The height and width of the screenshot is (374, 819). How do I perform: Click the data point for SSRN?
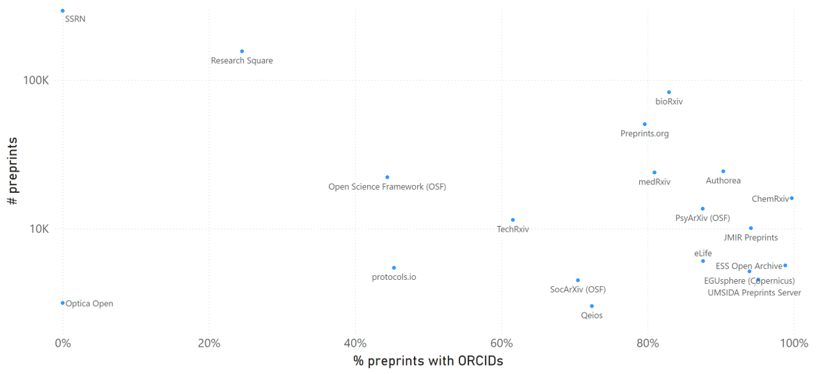point(62,11)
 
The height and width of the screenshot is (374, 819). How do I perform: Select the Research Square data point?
point(242,51)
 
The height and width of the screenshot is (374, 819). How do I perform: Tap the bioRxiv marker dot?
point(669,92)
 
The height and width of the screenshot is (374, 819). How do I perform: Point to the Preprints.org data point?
point(644,124)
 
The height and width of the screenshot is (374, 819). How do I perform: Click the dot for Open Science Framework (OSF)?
point(387,177)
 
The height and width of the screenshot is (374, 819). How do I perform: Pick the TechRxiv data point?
point(513,220)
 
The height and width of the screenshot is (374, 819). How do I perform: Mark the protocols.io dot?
point(394,268)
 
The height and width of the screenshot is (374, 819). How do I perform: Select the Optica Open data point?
point(62,303)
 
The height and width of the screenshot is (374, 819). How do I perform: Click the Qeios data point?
point(592,306)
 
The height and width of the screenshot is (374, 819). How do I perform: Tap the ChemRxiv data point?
point(792,198)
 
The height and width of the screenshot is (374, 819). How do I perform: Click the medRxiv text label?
point(654,182)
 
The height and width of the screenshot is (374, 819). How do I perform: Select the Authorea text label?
point(723,181)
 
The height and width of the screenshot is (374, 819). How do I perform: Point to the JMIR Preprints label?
point(750,238)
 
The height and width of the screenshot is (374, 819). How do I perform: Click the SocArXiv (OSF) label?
point(578,290)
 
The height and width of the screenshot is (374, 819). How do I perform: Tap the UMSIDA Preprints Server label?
point(754,293)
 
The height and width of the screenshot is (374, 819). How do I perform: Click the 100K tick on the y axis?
point(36,81)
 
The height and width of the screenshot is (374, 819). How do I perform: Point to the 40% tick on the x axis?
point(355,343)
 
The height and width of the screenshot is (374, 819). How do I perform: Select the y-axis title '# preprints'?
point(12,171)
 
